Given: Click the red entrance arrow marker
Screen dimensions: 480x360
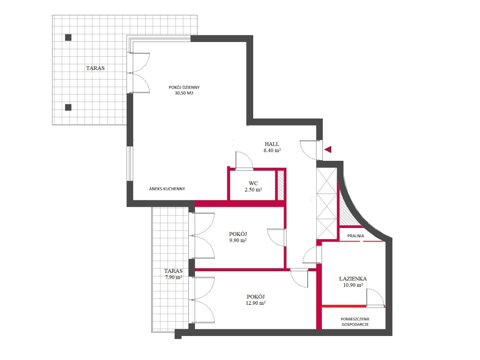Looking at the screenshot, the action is (x=328, y=149).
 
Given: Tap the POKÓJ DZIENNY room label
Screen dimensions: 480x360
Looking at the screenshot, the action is (x=184, y=87).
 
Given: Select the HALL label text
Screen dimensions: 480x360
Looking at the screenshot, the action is (x=272, y=144).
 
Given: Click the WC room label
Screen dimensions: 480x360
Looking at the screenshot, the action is (x=253, y=183).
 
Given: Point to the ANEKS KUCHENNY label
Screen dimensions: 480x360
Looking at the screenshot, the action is (x=167, y=189).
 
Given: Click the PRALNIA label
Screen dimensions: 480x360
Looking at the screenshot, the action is (x=356, y=236).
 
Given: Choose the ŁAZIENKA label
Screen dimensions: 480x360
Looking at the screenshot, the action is (x=353, y=278).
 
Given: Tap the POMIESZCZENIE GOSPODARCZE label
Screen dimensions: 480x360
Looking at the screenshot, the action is (x=355, y=322).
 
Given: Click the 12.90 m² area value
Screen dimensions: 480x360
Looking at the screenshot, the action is (x=256, y=303).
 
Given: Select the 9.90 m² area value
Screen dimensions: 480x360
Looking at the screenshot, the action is (x=238, y=240).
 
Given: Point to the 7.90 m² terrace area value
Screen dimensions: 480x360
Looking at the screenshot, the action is (x=174, y=277).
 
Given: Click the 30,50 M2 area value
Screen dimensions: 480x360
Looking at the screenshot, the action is (x=184, y=93).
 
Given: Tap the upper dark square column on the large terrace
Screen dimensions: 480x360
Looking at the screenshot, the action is (x=68, y=38).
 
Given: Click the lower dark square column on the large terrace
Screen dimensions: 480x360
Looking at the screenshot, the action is (x=68, y=107).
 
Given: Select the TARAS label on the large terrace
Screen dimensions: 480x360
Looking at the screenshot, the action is (x=95, y=68).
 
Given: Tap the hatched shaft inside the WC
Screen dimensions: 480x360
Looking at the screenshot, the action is (x=280, y=185).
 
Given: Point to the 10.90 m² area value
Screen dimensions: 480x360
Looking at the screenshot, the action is (x=353, y=285).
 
